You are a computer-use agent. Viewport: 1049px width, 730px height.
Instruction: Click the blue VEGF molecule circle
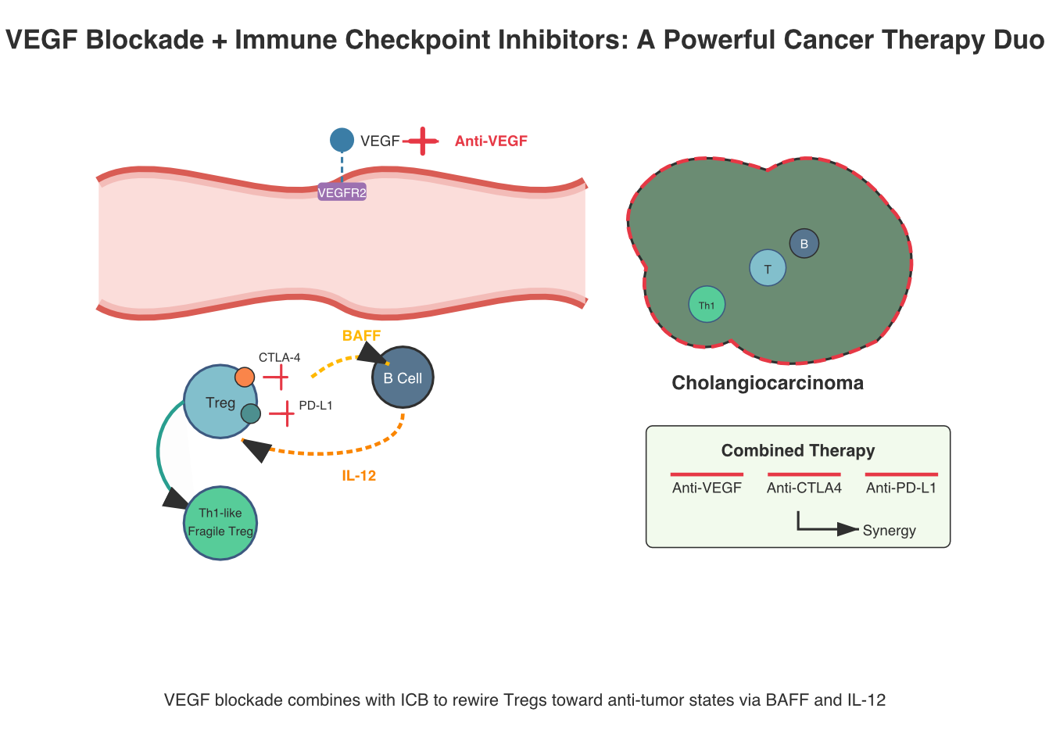[342, 141]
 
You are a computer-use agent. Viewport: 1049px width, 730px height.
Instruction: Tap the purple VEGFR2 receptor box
[342, 192]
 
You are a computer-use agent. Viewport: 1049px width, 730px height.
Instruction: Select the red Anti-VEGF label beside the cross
[491, 141]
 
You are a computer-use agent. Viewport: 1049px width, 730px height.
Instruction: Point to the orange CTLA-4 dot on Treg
[245, 378]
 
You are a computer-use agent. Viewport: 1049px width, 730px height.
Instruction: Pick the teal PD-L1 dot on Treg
[250, 413]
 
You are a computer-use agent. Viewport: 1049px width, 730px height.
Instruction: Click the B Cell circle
[403, 378]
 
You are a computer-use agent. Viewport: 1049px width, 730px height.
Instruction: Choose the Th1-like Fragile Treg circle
[220, 523]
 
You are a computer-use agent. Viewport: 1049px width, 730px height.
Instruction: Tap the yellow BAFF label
[361, 336]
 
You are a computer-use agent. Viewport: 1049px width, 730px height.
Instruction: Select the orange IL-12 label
[359, 476]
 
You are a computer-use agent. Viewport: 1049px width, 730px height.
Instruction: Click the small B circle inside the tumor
[804, 244]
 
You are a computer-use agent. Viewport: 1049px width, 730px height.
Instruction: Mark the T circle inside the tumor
[768, 269]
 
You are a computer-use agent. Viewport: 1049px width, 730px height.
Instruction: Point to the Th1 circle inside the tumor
[707, 306]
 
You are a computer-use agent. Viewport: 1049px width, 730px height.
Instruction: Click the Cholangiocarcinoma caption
[768, 383]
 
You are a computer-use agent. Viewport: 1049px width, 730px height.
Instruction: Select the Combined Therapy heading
[797, 450]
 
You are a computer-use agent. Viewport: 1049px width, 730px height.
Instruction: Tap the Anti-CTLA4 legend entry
[804, 488]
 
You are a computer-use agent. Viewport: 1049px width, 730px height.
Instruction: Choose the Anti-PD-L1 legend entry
[900, 488]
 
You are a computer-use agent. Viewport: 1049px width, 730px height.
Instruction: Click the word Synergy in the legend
[889, 531]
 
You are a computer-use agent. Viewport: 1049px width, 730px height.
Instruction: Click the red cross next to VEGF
[423, 141]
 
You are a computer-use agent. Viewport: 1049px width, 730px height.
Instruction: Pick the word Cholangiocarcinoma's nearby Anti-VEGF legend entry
[707, 488]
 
